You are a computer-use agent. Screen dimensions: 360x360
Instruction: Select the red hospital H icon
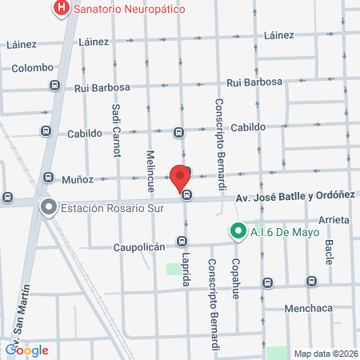[61, 10]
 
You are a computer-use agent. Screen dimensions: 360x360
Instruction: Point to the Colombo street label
[32, 68]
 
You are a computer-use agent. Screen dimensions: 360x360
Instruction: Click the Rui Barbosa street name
[254, 82]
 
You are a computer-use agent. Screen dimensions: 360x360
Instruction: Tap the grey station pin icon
[49, 208]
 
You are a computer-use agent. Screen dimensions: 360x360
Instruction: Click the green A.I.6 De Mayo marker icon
[237, 233]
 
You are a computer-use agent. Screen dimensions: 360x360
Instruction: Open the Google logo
[26, 350]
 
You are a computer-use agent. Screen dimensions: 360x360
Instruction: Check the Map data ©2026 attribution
[325, 353]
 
